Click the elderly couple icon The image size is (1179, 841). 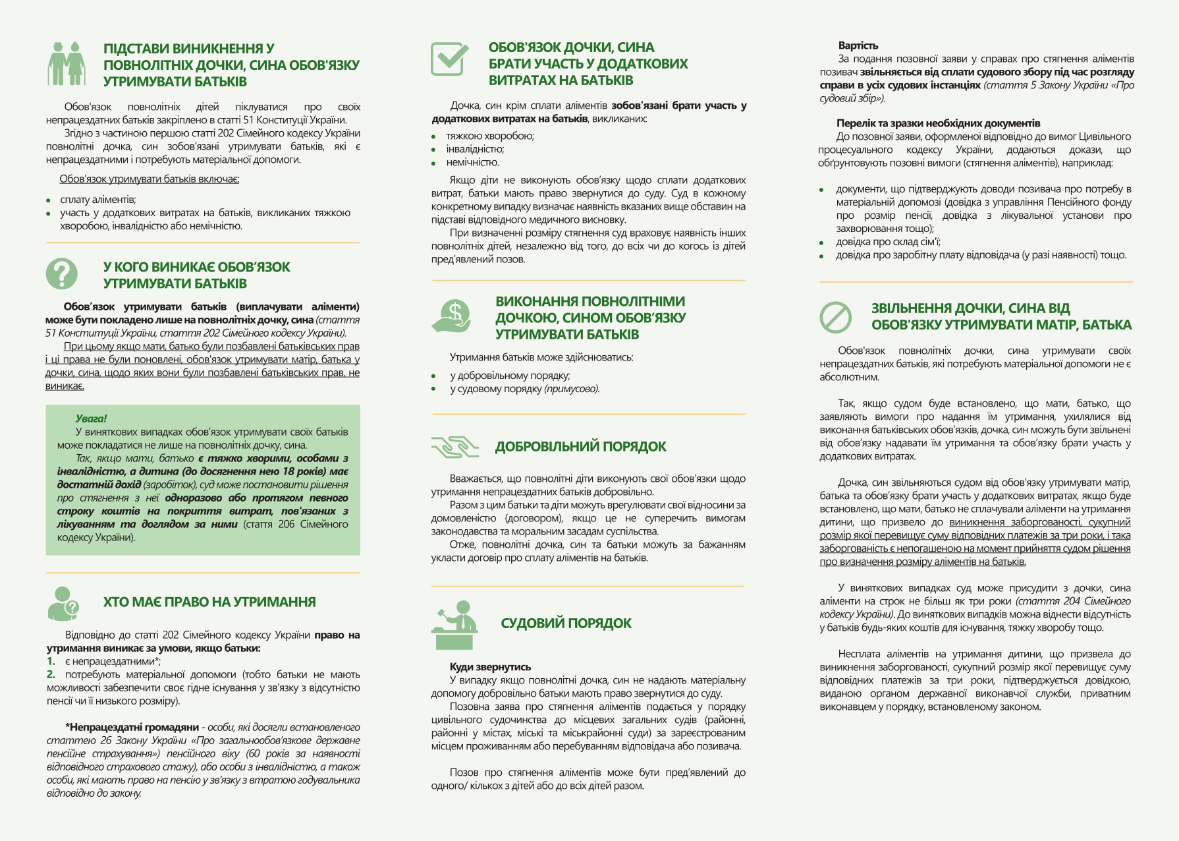pos(67,64)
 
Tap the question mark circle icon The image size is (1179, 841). pos(62,274)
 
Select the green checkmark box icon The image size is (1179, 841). pos(449,59)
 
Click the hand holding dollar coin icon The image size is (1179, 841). pos(452,316)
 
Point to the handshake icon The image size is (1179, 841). pos(454,447)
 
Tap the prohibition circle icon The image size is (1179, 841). pos(836,317)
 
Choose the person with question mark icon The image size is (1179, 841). pos(63,603)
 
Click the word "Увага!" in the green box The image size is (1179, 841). pos(91,419)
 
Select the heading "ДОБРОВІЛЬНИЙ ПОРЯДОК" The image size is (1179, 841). pos(580,447)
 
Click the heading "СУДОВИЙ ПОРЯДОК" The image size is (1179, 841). pos(566,623)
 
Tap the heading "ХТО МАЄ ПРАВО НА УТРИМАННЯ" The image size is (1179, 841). pos(209,602)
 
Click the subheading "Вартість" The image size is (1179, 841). pos(858,45)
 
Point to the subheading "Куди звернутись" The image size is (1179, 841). pos(490,667)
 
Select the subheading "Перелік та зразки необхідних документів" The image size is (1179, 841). pos(938,123)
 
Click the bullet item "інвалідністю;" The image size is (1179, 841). pos(475,149)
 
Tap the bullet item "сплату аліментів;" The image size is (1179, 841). pos(98,200)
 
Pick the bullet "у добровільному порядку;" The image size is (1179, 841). pos(510,376)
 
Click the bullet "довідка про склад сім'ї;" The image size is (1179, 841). pos(888,242)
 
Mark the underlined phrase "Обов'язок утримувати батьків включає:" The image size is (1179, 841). pos(150,179)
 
